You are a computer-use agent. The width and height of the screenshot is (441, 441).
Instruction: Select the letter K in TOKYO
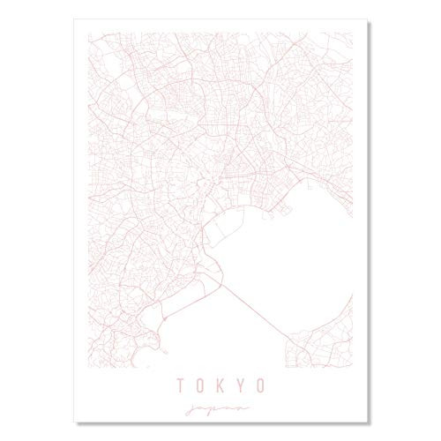pos(220,385)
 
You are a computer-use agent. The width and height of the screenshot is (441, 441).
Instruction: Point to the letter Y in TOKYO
pos(241,385)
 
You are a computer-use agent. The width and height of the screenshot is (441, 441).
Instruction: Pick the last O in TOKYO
pos(262,385)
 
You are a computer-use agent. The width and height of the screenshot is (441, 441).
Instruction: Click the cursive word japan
pos(220,409)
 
